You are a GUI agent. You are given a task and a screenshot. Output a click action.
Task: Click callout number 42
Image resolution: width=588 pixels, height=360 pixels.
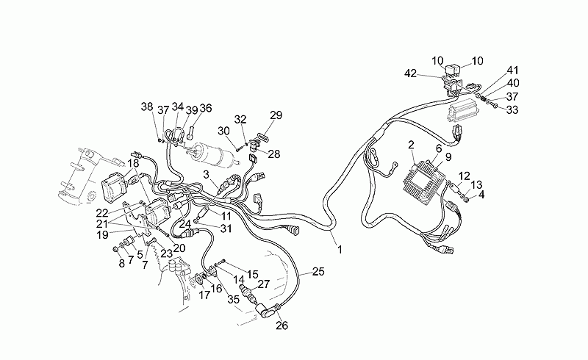point(411,73)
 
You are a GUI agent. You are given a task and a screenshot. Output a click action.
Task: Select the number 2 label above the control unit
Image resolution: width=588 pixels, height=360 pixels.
point(411,145)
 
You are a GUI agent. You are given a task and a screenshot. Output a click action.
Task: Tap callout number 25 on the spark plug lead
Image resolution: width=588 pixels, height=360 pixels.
point(318,271)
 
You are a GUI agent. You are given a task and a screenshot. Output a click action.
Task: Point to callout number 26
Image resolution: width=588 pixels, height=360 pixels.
point(282,325)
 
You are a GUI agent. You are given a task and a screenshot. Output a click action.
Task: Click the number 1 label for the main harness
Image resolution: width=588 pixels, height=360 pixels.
point(340,249)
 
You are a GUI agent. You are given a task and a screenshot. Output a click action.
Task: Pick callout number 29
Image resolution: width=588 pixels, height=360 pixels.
point(276,115)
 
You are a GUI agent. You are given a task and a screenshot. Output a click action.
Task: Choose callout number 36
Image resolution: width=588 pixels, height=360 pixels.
point(206,108)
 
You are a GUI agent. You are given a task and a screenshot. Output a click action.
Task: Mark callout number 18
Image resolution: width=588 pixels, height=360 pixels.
point(133,164)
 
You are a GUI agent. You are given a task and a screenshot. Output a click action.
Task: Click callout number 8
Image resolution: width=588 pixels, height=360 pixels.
point(121,263)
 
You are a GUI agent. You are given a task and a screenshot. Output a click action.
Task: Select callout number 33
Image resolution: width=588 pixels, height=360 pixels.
point(512,109)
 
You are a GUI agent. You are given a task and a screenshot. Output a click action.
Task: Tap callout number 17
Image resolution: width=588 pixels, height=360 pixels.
point(205,295)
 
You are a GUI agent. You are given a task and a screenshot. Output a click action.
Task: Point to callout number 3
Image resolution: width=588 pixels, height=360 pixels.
point(207,175)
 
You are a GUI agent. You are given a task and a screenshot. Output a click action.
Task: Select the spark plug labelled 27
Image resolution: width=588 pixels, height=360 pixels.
point(249,293)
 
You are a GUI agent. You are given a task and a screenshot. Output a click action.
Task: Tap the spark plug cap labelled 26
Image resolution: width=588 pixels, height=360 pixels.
point(267,311)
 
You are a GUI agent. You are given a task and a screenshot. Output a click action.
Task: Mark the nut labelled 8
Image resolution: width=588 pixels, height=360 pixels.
point(116,249)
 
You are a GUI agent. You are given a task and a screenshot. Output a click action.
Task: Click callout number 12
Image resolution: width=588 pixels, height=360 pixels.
point(465,176)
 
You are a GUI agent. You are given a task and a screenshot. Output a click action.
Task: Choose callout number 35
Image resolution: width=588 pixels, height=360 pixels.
point(233,299)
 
